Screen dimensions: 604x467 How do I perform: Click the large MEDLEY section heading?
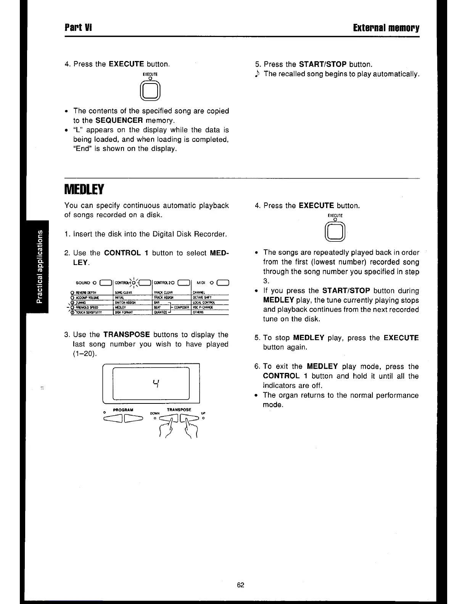click(84, 189)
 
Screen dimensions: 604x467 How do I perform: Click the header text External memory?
click(386, 28)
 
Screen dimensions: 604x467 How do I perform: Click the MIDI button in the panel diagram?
click(222, 283)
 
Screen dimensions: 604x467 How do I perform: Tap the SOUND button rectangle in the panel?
click(105, 283)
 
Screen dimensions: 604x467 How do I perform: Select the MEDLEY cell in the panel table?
click(121, 307)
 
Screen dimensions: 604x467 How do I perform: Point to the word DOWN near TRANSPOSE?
click(155, 413)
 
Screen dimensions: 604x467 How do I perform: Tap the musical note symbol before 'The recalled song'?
click(258, 74)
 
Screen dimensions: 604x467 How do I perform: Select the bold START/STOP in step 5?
click(322, 64)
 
